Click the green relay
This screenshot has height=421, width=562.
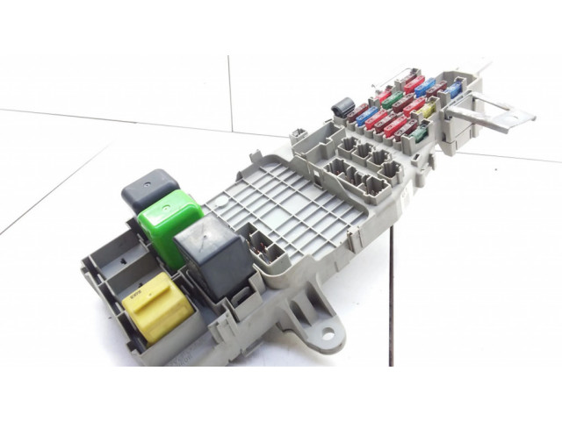tap(169, 218)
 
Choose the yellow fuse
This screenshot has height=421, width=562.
tap(428, 111)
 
